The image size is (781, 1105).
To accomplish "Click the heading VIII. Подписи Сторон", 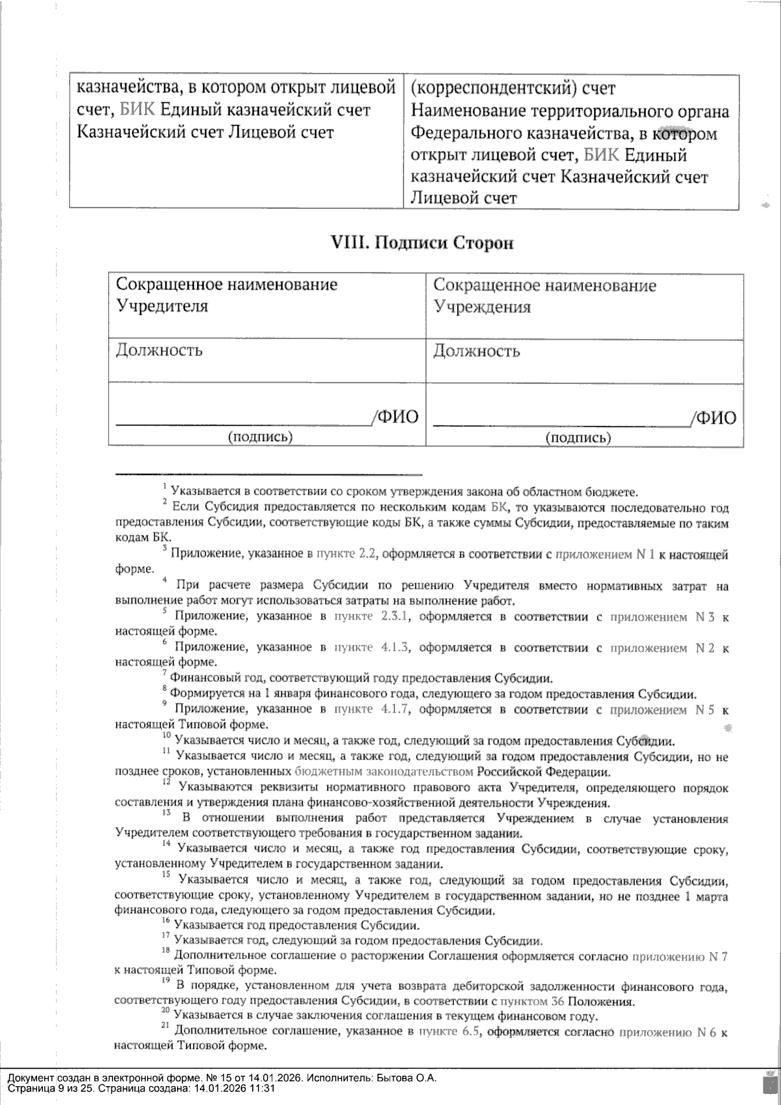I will [x=422, y=243].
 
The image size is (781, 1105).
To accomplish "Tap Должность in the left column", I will [x=159, y=350].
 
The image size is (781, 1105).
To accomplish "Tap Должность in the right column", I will [x=476, y=351].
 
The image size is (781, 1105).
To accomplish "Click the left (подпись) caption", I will [x=260, y=437].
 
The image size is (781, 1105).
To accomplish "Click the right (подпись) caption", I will [x=579, y=437].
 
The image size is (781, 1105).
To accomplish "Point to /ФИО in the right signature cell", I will [x=714, y=417].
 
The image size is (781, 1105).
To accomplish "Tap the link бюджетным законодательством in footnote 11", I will [x=384, y=772].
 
